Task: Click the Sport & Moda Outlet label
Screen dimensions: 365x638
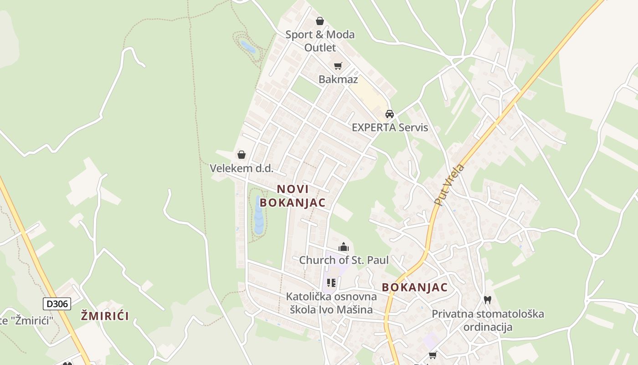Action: [x=320, y=41]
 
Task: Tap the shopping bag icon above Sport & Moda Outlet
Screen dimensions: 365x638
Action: [x=320, y=21]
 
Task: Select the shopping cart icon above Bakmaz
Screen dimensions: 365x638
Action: [x=338, y=66]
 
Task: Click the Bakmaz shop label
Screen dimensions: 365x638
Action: [x=338, y=79]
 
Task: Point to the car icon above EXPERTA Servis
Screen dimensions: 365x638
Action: [x=390, y=114]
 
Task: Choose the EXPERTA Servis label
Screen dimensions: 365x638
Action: [x=390, y=127]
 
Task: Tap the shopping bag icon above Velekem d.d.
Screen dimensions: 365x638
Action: [x=242, y=155]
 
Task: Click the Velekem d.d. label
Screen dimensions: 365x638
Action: [x=242, y=168]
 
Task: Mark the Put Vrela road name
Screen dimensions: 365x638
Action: [x=449, y=184]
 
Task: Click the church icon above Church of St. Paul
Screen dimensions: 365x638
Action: [x=344, y=247]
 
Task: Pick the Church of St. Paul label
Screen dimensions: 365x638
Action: [x=344, y=261]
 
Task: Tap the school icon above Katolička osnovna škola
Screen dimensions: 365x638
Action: [x=331, y=283]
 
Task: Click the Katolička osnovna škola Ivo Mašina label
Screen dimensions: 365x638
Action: [x=331, y=303]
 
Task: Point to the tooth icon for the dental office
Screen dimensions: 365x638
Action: [x=488, y=300]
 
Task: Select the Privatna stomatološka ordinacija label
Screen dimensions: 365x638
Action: [x=488, y=320]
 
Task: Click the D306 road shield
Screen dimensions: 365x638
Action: [x=57, y=304]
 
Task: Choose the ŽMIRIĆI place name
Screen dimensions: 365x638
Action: [x=105, y=316]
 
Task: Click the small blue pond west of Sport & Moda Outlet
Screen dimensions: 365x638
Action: [x=247, y=47]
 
